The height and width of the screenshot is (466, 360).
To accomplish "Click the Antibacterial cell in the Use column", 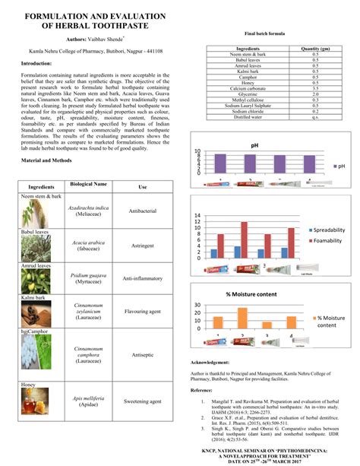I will coord(142,210).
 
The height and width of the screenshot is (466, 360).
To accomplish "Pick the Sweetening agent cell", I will coord(142,401).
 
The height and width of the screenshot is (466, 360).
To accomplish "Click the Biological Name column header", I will coord(89,185).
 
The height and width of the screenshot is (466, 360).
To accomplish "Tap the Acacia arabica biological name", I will coord(89,242).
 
